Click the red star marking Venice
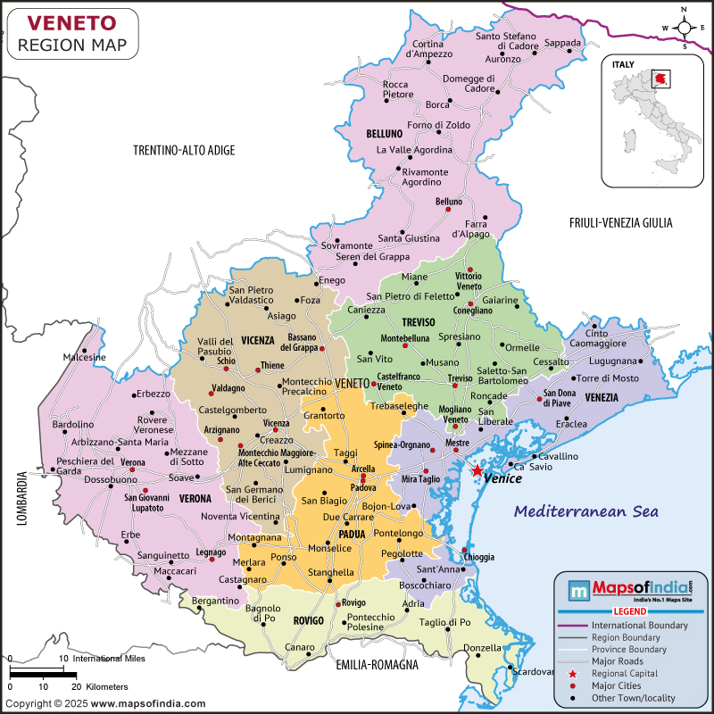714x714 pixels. point(477,470)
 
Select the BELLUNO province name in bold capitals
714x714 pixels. point(385,134)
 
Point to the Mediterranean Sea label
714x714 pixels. point(586,511)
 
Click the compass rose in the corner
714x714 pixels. point(684,29)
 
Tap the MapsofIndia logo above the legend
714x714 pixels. point(630,591)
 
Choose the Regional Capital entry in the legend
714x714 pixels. point(626,673)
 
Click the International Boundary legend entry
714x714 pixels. point(639,626)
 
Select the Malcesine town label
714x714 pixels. point(84,357)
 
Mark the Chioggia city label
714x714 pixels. point(478,557)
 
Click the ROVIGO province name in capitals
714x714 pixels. point(308,619)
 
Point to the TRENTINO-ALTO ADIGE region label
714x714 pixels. point(184,150)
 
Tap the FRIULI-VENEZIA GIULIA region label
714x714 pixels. point(620,222)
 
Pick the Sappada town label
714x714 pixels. point(562,42)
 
